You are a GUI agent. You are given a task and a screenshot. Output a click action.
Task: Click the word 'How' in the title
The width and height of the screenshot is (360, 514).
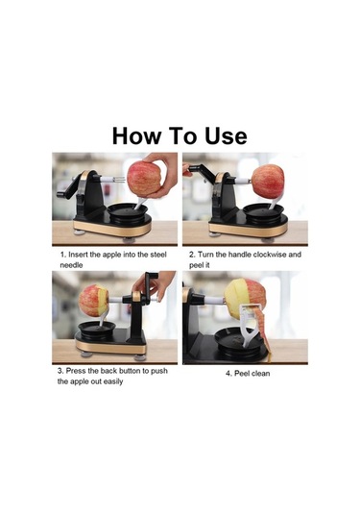click(x=137, y=135)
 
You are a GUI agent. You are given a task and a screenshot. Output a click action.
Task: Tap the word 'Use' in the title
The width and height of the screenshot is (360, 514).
click(x=226, y=135)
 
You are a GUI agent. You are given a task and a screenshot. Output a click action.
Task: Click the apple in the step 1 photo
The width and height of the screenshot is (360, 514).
click(x=144, y=179)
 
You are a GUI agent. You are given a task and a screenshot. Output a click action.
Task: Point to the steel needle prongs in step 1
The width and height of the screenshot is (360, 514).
click(x=119, y=180)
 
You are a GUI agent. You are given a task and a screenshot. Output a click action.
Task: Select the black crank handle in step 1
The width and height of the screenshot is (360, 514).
click(x=69, y=188)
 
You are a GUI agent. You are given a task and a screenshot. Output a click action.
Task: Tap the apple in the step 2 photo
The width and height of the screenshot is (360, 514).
click(x=268, y=182)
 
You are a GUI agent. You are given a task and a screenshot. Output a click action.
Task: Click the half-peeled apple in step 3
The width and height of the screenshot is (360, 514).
click(x=94, y=301)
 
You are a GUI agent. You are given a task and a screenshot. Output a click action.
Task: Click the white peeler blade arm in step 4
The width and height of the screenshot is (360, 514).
click(x=251, y=325)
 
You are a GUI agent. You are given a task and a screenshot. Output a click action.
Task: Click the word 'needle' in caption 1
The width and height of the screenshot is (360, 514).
click(x=71, y=265)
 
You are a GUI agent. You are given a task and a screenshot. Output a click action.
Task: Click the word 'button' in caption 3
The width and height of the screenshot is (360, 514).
click(x=133, y=371)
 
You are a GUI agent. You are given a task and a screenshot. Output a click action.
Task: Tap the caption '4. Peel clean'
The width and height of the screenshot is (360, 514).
click(x=248, y=374)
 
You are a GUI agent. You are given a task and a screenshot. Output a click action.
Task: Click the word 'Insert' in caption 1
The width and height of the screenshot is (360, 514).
click(x=78, y=255)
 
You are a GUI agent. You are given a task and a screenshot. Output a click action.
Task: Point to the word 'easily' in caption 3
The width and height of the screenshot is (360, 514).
click(x=113, y=381)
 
